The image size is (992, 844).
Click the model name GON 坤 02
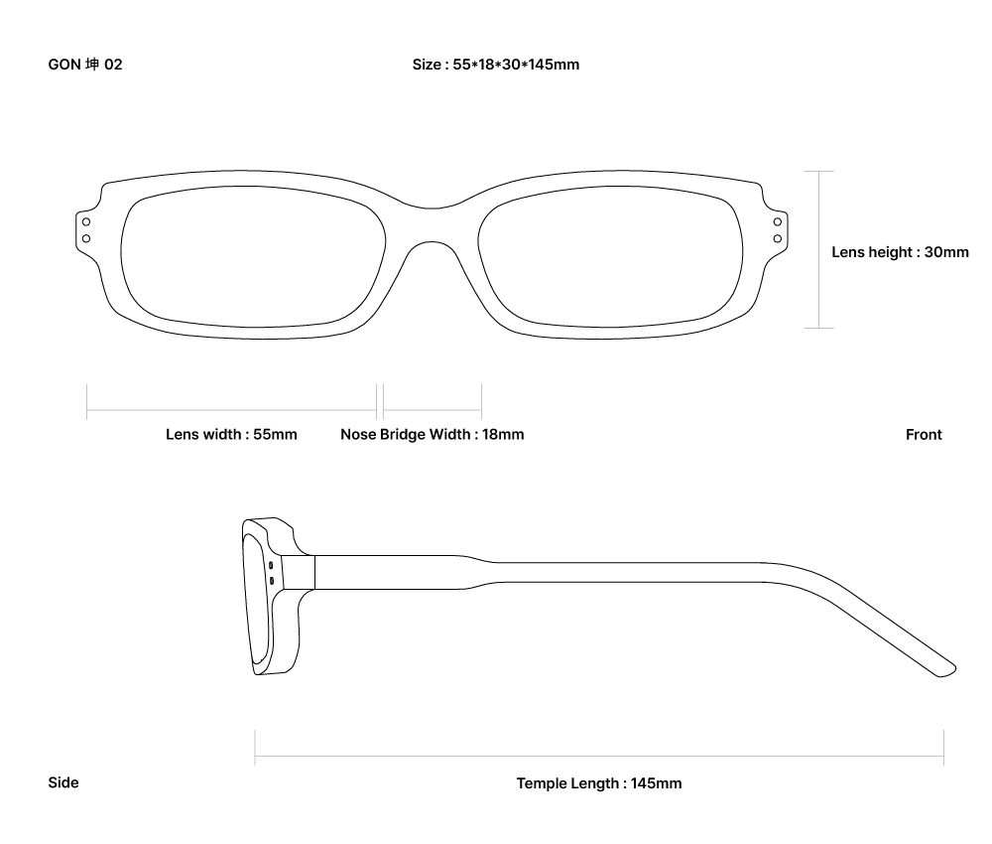pyautogui.click(x=85, y=65)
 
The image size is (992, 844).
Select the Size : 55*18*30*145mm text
pyautogui.click(x=496, y=65)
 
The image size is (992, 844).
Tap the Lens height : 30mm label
pyautogui.click(x=900, y=252)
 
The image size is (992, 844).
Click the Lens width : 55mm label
pyautogui.click(x=231, y=434)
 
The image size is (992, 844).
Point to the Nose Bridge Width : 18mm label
pyautogui.click(x=432, y=434)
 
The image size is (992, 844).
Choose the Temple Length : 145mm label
pyautogui.click(x=598, y=783)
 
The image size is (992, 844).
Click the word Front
pyautogui.click(x=924, y=434)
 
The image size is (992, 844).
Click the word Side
pyautogui.click(x=63, y=782)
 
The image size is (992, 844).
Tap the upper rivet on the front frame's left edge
pyautogui.click(x=86, y=221)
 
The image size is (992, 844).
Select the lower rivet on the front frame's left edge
pyautogui.click(x=86, y=238)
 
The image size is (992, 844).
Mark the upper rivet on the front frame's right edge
pyautogui.click(x=779, y=221)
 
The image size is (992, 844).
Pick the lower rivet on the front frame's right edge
pyautogui.click(x=779, y=238)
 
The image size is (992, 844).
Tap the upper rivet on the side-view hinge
pyautogui.click(x=271, y=565)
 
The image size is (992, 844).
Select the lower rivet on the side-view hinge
pyautogui.click(x=271, y=579)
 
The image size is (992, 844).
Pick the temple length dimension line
pyautogui.click(x=599, y=757)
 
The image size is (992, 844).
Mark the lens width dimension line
pyautogui.click(x=231, y=409)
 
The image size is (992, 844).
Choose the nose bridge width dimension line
pyautogui.click(x=432, y=409)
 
